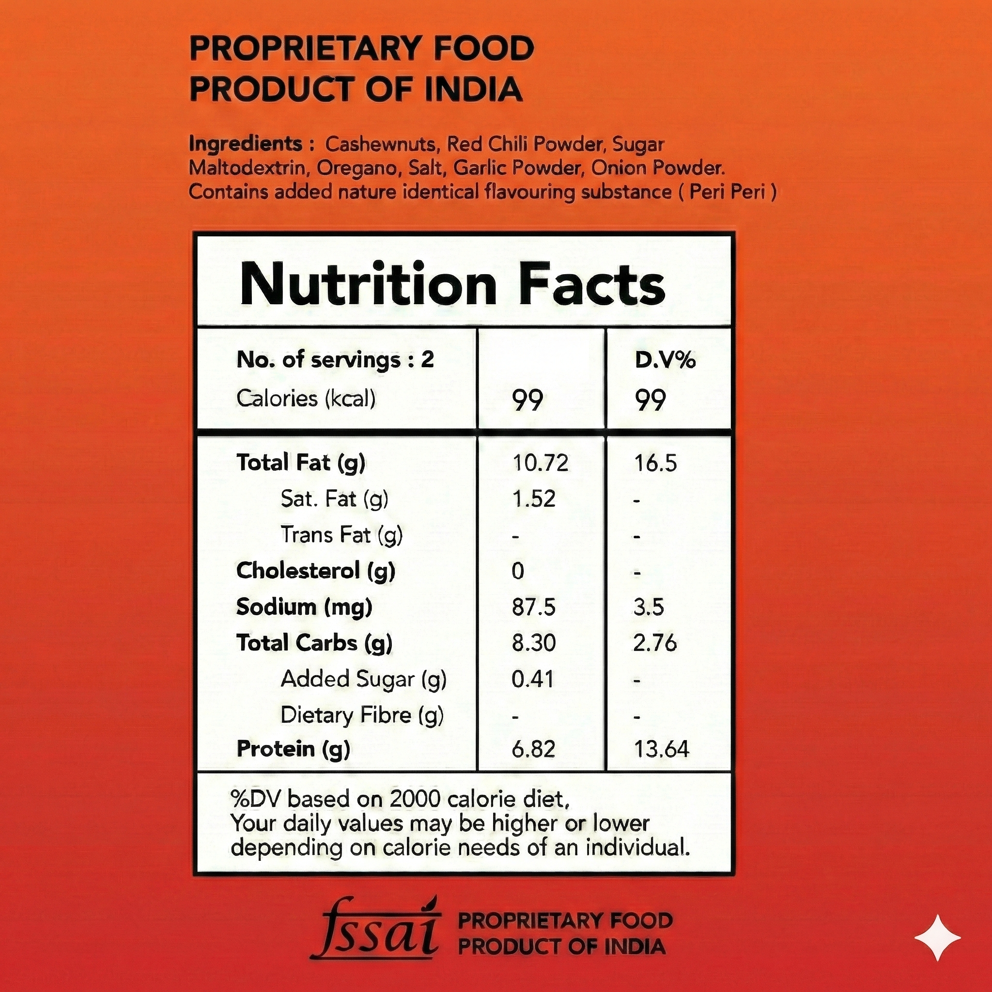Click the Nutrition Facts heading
pos(452,284)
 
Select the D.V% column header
pos(665,360)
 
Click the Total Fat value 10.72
pos(541,463)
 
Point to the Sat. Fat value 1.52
pos(534,498)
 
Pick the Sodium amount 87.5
pos(533,607)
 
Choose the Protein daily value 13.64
pos(661,749)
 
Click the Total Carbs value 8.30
pos(533,643)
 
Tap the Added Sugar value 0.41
pos(532,679)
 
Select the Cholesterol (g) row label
pos(315,571)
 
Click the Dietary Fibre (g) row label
pos(361,715)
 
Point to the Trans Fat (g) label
pos(341,535)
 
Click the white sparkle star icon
pos(938,938)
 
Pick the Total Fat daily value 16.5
pos(656,463)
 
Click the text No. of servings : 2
pos(335,359)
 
